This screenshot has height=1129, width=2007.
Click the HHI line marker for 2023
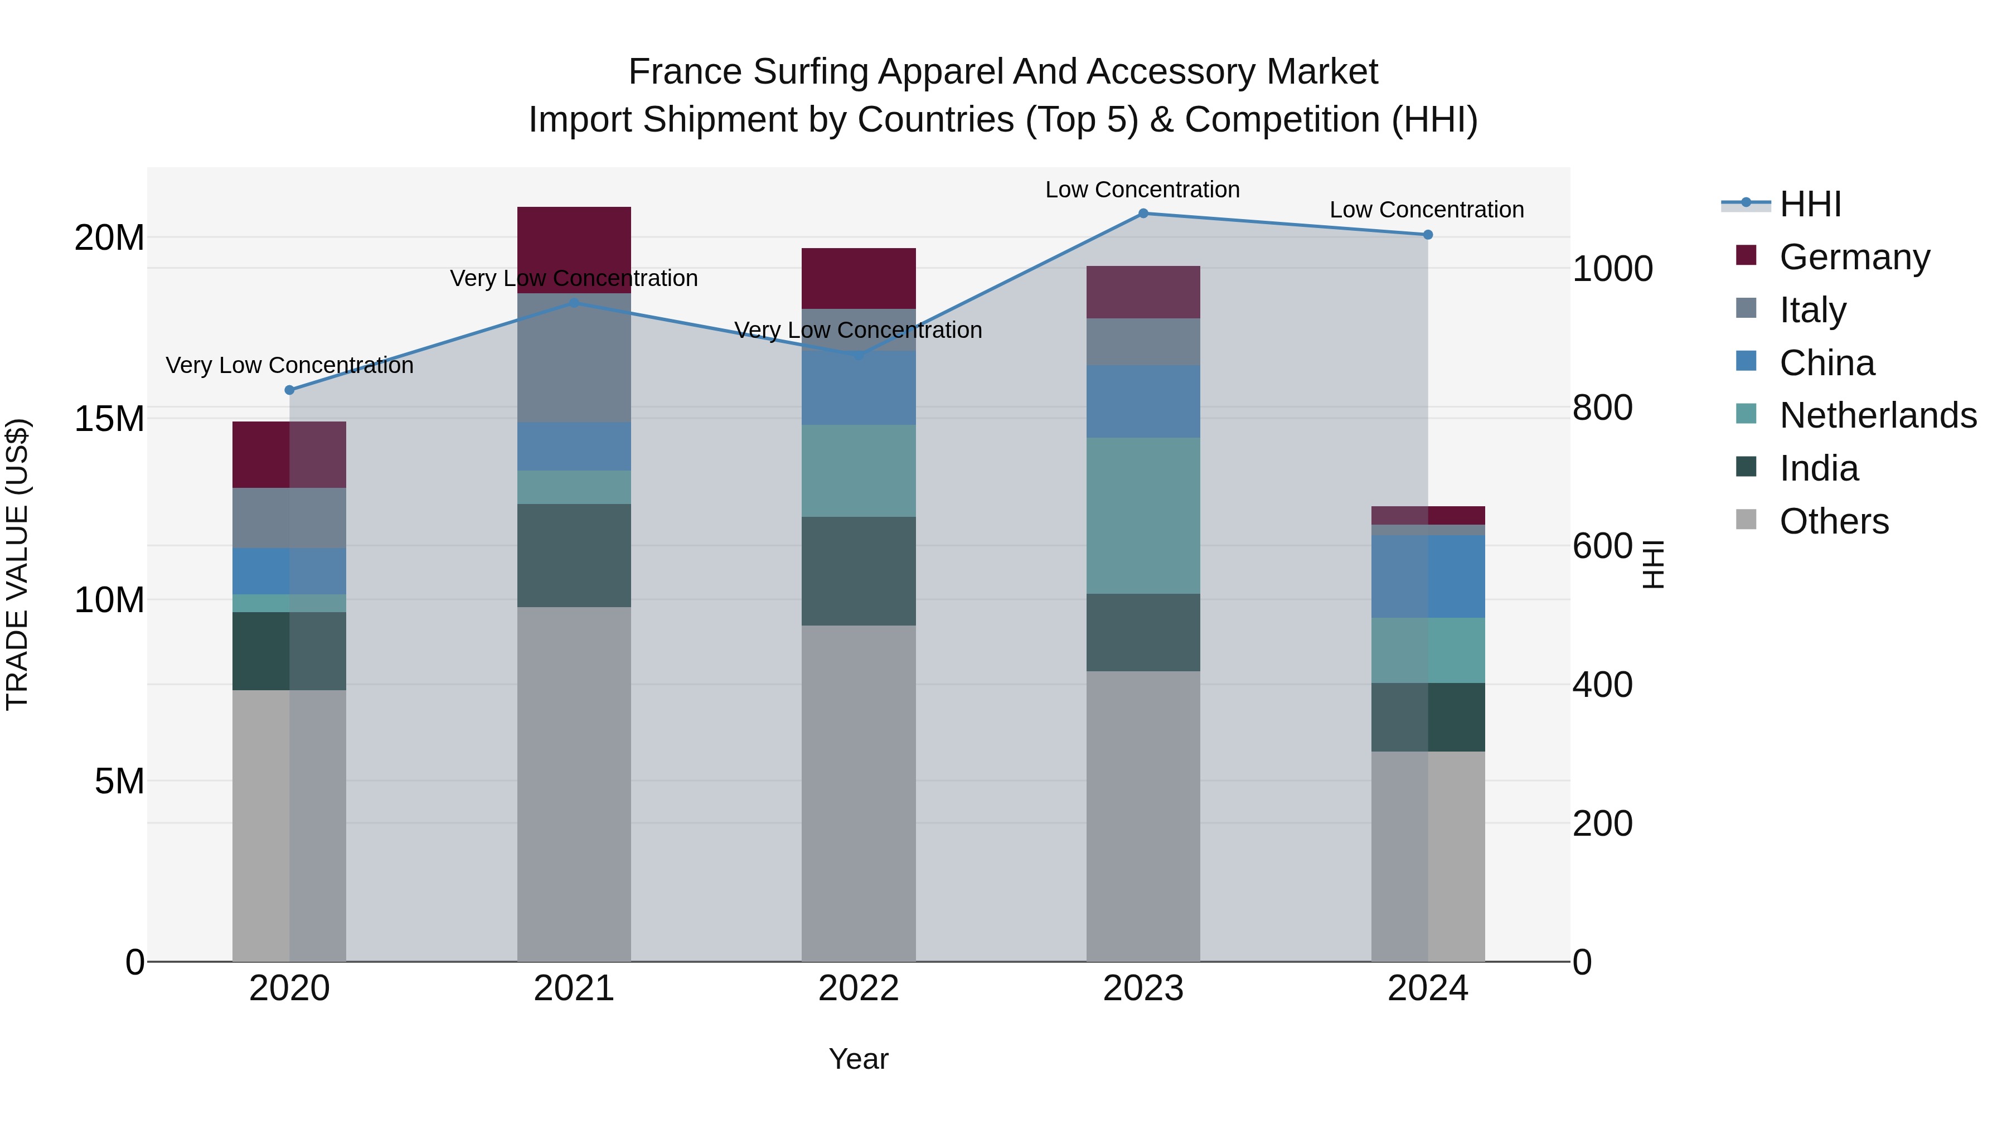(x=1143, y=213)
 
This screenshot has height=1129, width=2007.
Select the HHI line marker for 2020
(x=290, y=390)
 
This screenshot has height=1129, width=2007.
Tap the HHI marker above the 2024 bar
(x=1427, y=235)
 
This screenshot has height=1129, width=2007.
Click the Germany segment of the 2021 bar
(x=574, y=249)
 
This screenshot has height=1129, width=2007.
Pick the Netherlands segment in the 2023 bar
(x=1143, y=515)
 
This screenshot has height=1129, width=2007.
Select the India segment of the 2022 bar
(x=859, y=570)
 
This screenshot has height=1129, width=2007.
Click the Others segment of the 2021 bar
(x=574, y=783)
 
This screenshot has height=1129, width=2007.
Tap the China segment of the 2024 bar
(x=1427, y=576)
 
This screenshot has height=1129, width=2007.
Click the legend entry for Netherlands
(x=1878, y=415)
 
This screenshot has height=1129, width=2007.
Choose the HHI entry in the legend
(x=1810, y=204)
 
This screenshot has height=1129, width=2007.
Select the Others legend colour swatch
(x=1746, y=520)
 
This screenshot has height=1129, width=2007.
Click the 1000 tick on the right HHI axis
(x=1612, y=269)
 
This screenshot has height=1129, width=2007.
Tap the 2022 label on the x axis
(x=859, y=989)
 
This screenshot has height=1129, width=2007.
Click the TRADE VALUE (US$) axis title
(x=17, y=564)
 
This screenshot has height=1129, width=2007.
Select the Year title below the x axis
(x=859, y=1059)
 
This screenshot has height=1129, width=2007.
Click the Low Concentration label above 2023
(x=1142, y=190)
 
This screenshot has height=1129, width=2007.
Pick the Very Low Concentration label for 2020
(x=290, y=365)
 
